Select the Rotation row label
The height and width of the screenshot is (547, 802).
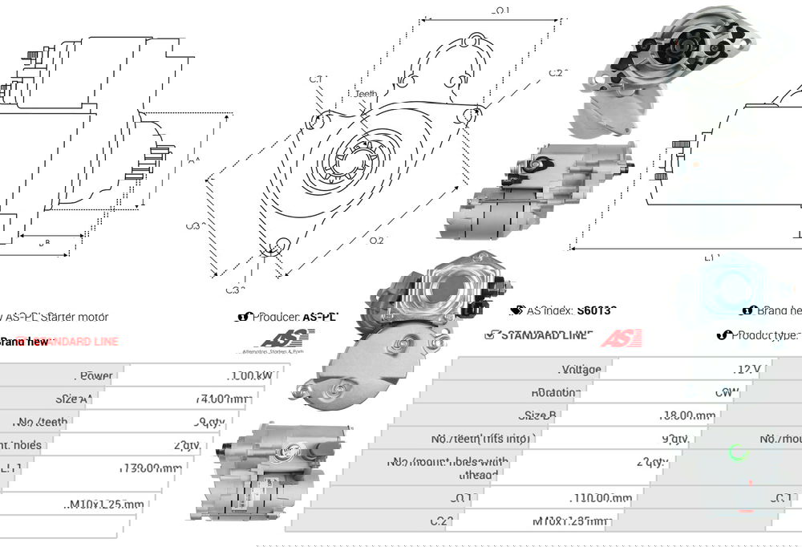(555, 392)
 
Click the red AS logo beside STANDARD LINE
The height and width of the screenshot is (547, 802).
(622, 337)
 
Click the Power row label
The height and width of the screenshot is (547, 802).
(96, 375)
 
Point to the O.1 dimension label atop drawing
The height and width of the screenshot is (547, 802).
(500, 10)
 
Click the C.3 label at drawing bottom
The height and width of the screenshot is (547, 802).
(232, 290)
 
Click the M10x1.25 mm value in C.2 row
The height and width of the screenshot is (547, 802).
(570, 521)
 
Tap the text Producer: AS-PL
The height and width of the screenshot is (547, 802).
(294, 317)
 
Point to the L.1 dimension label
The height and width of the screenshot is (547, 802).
(711, 257)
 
